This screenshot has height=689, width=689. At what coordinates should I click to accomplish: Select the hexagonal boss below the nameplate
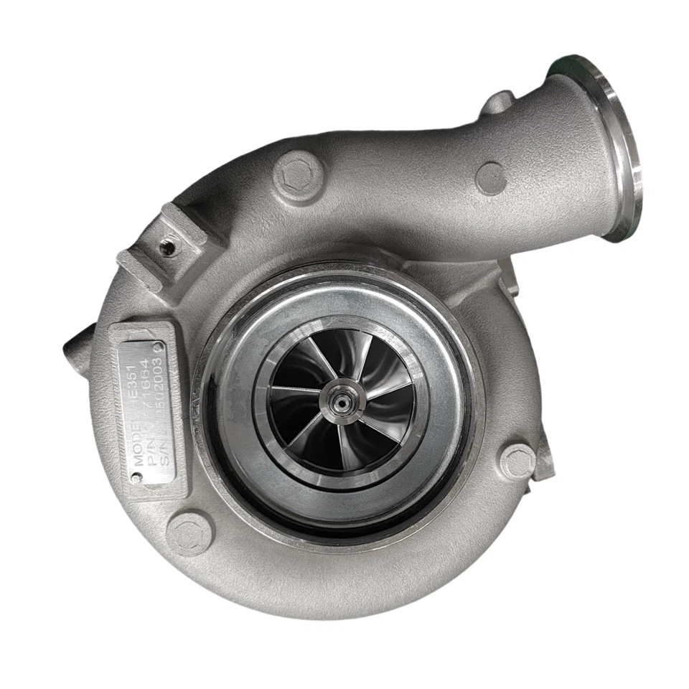point(189,534)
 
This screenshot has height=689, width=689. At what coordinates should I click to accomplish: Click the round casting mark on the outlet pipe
point(491,177)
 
